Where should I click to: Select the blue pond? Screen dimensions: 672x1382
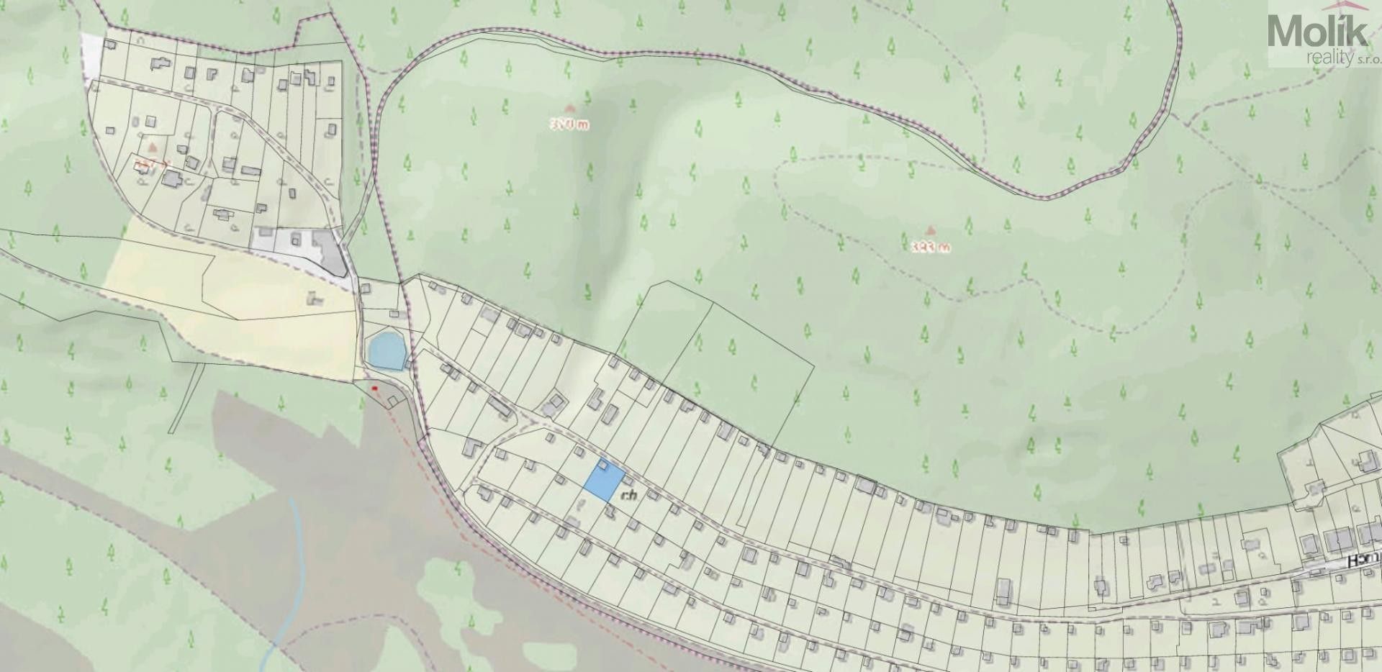click(x=384, y=350)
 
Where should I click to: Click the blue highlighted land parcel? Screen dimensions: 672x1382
click(x=603, y=480)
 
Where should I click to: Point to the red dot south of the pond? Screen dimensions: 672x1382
click(x=374, y=389)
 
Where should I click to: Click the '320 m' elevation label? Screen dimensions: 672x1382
click(x=569, y=124)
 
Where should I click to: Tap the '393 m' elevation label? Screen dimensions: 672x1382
click(x=931, y=247)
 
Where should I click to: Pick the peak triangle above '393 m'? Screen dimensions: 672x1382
click(x=930, y=231)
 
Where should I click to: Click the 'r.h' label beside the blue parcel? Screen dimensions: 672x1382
click(x=630, y=495)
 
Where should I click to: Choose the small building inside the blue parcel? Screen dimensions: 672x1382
click(x=602, y=467)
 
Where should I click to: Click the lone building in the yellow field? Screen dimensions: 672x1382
click(x=313, y=296)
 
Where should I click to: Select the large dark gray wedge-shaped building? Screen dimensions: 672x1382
click(x=332, y=253)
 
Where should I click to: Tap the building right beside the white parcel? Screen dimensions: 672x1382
click(x=110, y=44)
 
